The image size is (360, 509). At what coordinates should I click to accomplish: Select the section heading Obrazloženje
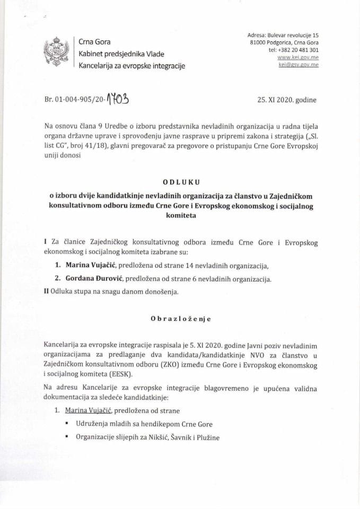pos(180,319)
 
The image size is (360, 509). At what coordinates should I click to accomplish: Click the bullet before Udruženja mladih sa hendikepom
pos(67,424)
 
